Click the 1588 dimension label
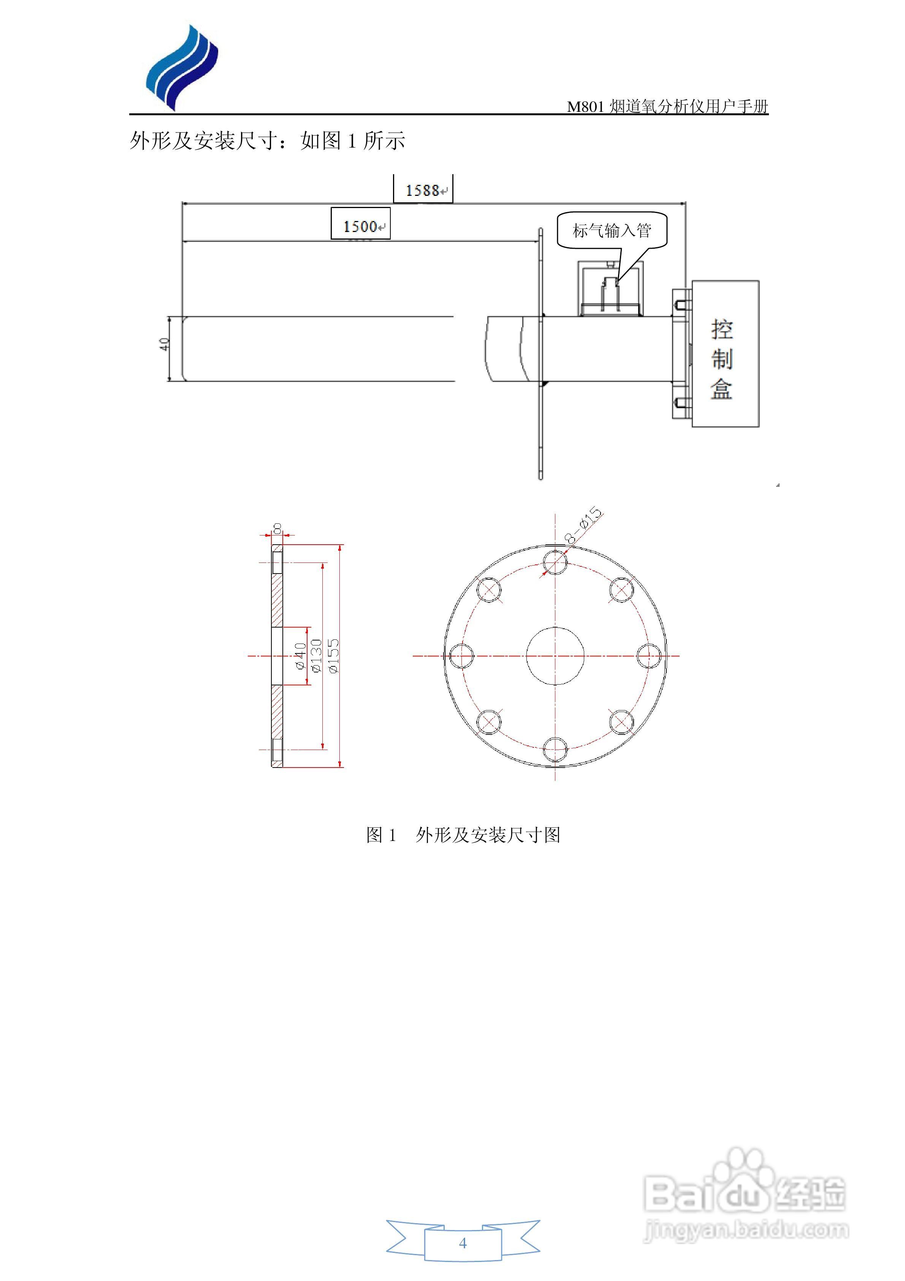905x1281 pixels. click(x=423, y=190)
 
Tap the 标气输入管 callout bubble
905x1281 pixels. click(x=612, y=230)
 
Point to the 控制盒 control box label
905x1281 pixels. click(x=721, y=359)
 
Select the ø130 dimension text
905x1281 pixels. click(x=317, y=656)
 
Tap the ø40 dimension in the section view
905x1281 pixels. click(x=300, y=656)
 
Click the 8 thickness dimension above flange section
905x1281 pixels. click(x=277, y=528)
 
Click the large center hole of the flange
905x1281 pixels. click(x=555, y=656)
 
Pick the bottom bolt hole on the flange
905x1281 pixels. click(x=555, y=749)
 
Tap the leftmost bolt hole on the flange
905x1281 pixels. click(x=462, y=656)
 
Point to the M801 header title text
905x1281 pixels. click(x=667, y=106)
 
